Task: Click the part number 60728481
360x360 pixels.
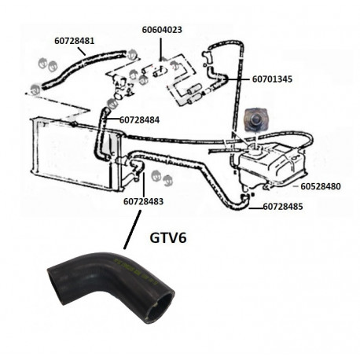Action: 75,41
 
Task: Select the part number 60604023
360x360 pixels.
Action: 162,30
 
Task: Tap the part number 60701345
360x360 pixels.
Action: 272,79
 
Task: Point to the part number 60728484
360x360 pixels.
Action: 139,120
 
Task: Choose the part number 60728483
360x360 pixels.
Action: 143,201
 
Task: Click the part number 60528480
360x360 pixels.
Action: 321,186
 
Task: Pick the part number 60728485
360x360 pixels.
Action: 283,207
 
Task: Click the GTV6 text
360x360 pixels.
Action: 168,237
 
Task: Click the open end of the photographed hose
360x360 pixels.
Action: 160,307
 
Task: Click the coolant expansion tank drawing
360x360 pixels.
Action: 273,165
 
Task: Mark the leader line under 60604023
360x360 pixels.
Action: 160,50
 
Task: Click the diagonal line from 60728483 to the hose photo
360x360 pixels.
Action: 132,230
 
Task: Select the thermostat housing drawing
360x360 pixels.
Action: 121,86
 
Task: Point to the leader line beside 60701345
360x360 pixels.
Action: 238,79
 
